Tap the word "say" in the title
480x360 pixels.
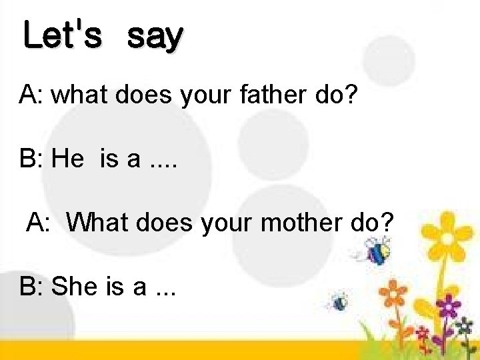tap(155, 37)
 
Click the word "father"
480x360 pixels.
tap(271, 95)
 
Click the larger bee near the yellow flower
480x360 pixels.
tap(378, 251)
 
